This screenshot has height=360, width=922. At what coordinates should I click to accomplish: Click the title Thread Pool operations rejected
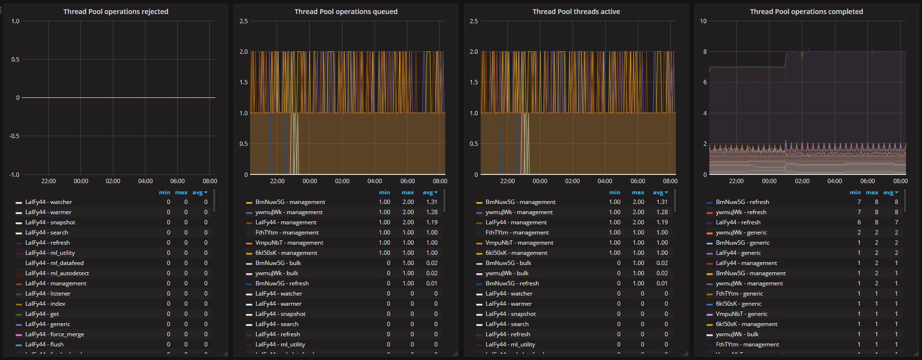click(116, 12)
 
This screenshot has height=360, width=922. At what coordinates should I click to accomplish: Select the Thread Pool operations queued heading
click(346, 12)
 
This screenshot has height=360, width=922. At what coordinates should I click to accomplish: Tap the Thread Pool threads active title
click(576, 12)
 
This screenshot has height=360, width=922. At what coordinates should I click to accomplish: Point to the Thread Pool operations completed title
click(806, 12)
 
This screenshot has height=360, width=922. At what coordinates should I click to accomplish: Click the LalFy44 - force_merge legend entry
click(54, 334)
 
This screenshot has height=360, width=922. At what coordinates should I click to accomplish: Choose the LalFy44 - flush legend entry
click(44, 344)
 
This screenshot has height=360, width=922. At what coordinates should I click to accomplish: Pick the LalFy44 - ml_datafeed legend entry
click(54, 263)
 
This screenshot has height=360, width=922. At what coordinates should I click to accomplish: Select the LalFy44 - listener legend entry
click(47, 294)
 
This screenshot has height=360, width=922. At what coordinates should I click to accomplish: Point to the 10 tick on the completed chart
click(703, 21)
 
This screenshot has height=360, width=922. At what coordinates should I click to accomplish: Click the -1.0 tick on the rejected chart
click(15, 174)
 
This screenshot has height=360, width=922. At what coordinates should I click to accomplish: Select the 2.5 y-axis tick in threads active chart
click(474, 21)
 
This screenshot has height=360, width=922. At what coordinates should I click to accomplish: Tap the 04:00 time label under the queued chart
click(375, 181)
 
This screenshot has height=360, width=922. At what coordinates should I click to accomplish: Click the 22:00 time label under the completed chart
click(736, 181)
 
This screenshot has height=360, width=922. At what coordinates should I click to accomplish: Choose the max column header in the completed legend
click(872, 192)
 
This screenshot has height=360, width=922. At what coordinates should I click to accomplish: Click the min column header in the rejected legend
click(164, 192)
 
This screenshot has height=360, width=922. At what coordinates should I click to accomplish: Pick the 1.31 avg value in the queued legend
click(431, 202)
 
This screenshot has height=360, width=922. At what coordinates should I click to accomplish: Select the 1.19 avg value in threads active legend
click(662, 222)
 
